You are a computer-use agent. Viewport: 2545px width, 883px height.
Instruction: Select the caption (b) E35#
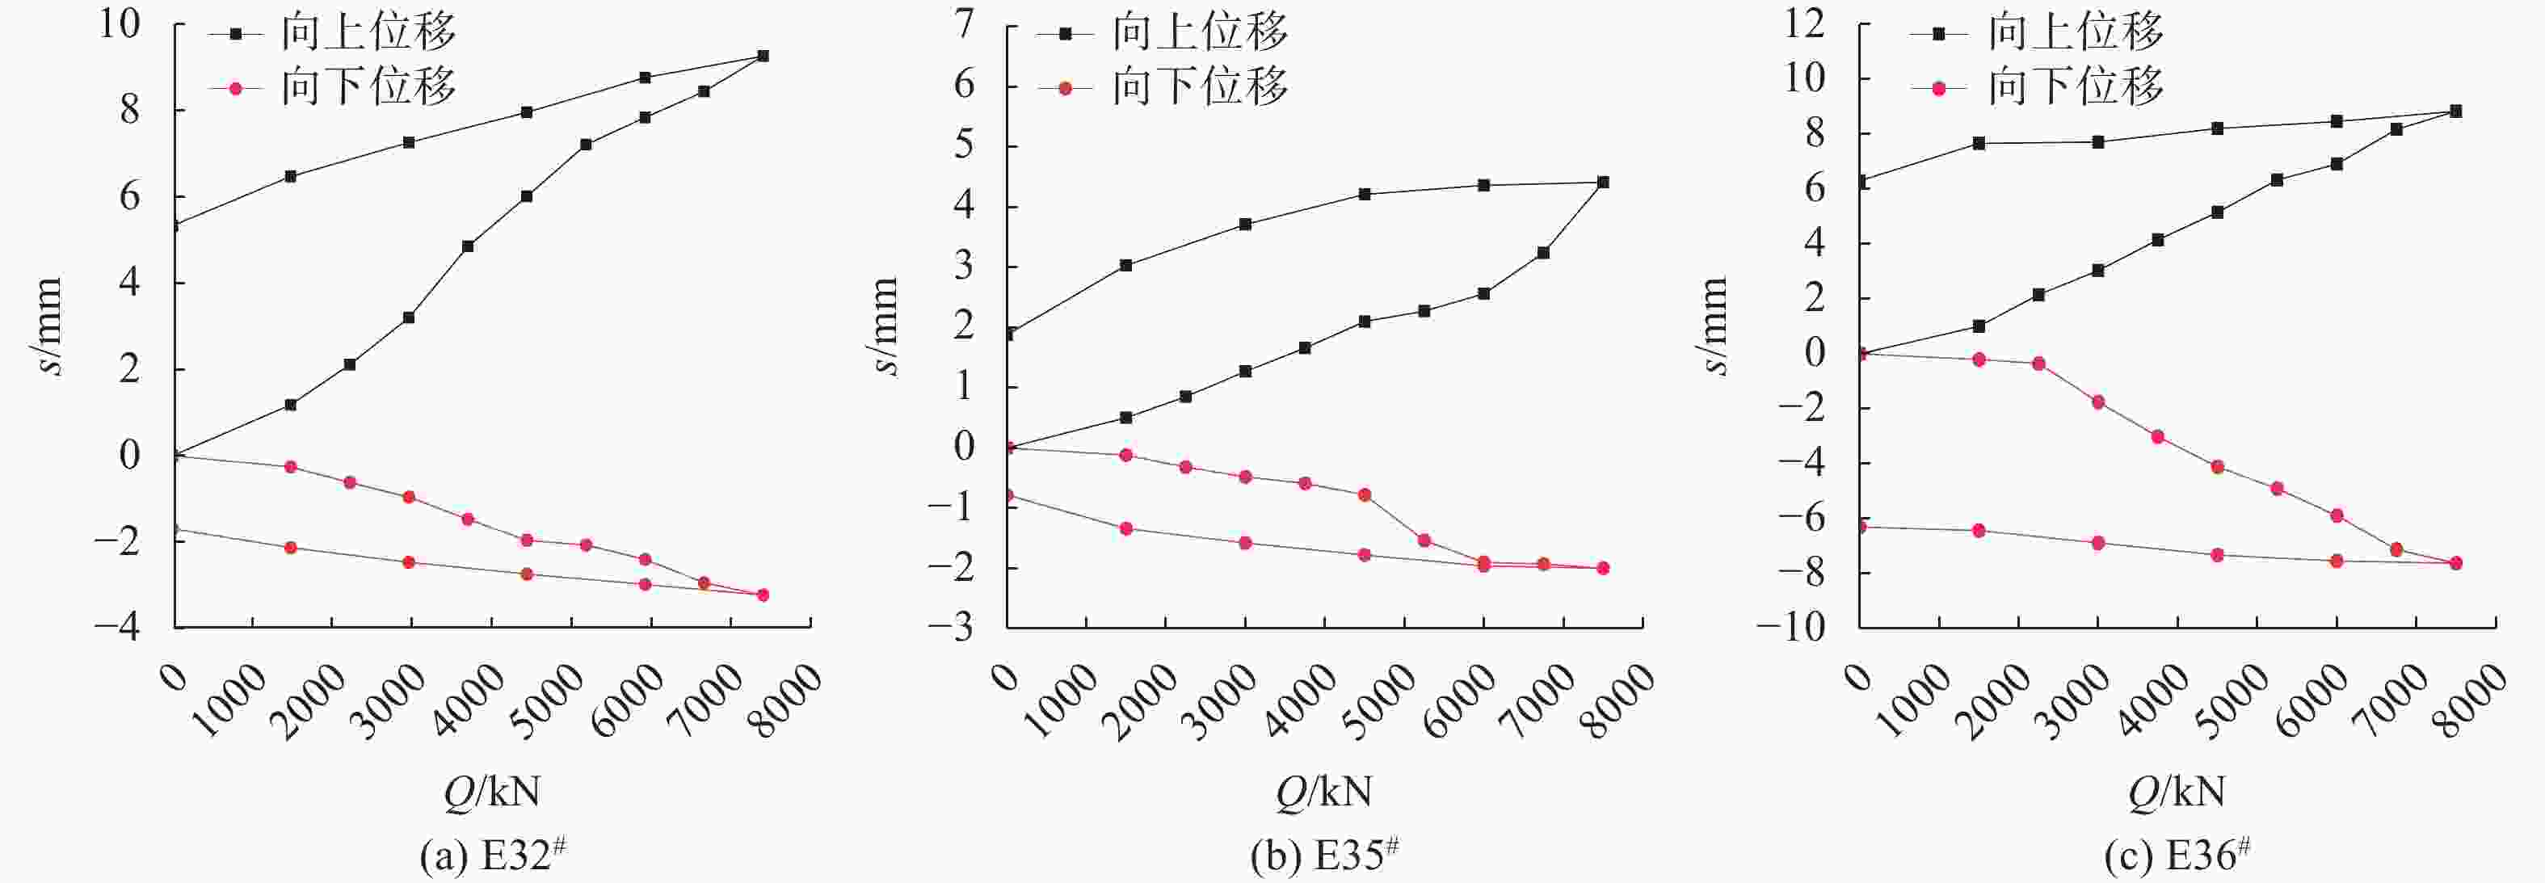coord(1325,856)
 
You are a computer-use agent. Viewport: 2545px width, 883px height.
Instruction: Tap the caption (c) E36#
coord(2177,856)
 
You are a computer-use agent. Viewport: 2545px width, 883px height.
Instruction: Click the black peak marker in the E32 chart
coord(763,57)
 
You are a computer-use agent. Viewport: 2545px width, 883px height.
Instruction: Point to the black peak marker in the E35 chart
coord(1602,183)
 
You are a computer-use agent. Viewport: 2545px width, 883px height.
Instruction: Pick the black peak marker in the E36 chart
coord(2455,111)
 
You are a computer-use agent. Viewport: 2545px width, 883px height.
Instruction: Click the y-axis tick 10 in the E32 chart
coord(120,23)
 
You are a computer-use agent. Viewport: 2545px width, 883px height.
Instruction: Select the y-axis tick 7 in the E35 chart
coord(963,23)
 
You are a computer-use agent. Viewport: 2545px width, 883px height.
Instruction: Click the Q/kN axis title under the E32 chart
coord(492,791)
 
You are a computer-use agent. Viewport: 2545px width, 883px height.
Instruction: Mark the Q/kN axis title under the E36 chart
coord(2177,791)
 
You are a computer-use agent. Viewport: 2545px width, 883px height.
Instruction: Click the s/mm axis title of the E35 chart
coord(886,326)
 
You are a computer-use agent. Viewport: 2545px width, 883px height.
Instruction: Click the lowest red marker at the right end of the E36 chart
coord(2455,563)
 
